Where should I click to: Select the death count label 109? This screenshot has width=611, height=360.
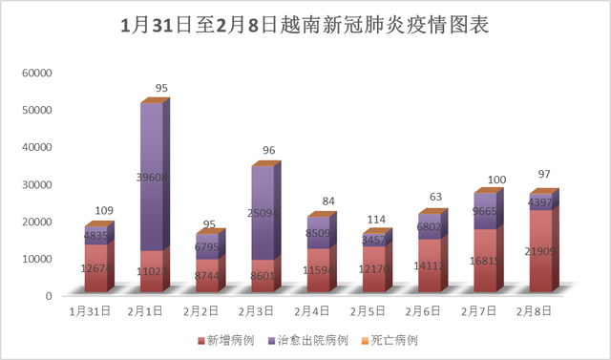[105, 210]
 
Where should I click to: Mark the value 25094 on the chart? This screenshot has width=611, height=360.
[266, 213]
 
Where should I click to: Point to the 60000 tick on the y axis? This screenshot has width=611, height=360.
[37, 74]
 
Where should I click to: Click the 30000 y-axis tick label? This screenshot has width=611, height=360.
[37, 184]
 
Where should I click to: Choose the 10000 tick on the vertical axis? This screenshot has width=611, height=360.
[37, 259]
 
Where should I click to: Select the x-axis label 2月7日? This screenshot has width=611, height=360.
[481, 311]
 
